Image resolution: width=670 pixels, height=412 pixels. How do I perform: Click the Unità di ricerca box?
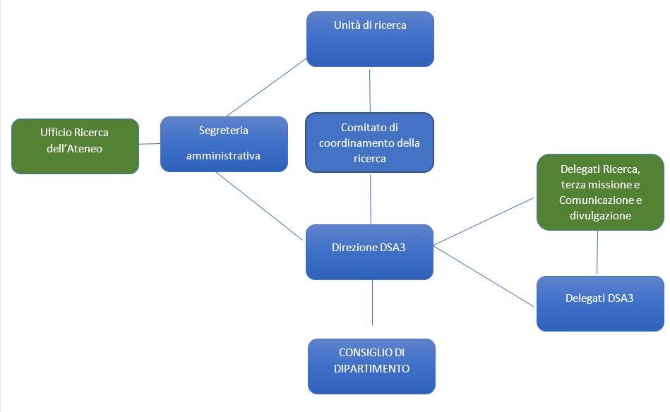tap(370, 40)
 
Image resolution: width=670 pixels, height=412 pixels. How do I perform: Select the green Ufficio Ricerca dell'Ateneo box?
tap(75, 146)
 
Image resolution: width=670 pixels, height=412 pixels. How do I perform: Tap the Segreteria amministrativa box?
tap(224, 144)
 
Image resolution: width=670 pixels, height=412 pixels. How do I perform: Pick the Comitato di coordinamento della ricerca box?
tap(369, 143)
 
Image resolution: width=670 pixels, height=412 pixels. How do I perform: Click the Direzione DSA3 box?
tap(369, 252)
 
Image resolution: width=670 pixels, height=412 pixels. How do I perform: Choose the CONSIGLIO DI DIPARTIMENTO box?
tap(371, 366)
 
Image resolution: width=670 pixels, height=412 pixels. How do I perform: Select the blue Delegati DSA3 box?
tap(600, 303)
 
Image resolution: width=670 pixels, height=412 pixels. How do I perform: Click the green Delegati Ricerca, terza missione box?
tap(600, 192)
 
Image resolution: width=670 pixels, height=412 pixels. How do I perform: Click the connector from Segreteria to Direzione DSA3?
tap(259, 206)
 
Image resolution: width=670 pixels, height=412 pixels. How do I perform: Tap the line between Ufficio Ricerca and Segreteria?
tap(150, 144)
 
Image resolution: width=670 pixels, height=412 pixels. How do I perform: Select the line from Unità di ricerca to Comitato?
tap(369, 90)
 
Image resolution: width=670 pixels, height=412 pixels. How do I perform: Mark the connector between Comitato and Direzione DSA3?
tap(371, 198)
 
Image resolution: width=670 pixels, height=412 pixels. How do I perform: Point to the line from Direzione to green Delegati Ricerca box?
tap(484, 222)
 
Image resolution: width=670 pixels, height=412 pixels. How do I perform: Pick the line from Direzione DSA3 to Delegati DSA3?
tap(484, 276)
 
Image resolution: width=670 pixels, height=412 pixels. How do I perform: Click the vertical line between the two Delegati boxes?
tap(597, 253)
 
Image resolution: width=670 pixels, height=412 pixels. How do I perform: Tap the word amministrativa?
tap(223, 156)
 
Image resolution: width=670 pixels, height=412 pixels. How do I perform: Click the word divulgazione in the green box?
tap(600, 216)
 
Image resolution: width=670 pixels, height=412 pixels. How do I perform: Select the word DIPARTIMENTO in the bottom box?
tap(371, 369)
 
